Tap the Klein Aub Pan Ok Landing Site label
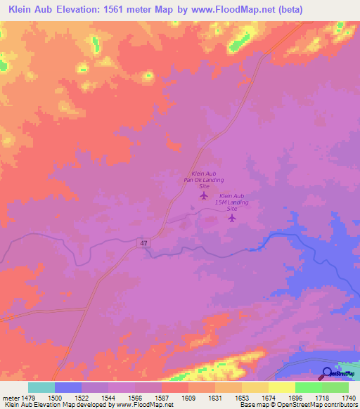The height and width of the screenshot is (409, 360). pos(203,180)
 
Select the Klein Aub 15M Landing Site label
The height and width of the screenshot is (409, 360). pos(233,202)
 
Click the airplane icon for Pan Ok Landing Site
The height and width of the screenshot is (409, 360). pos(204,195)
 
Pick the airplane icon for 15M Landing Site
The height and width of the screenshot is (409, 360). pos(232,218)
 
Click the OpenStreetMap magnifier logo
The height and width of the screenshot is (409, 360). pos(328,373)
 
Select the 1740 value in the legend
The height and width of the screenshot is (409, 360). pos(349,398)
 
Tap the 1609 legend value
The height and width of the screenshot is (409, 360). pos(188,398)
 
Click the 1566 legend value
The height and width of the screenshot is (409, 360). pos(134,398)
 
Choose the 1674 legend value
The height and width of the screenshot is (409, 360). pos(268,398)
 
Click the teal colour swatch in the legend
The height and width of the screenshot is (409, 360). pos(41,387)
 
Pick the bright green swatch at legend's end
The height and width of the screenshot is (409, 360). pos(335,387)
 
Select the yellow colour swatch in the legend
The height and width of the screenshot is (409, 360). pos(282,387)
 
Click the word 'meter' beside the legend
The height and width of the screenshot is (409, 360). pos(10,398)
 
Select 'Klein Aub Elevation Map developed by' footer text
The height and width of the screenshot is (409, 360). pos(49,405)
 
